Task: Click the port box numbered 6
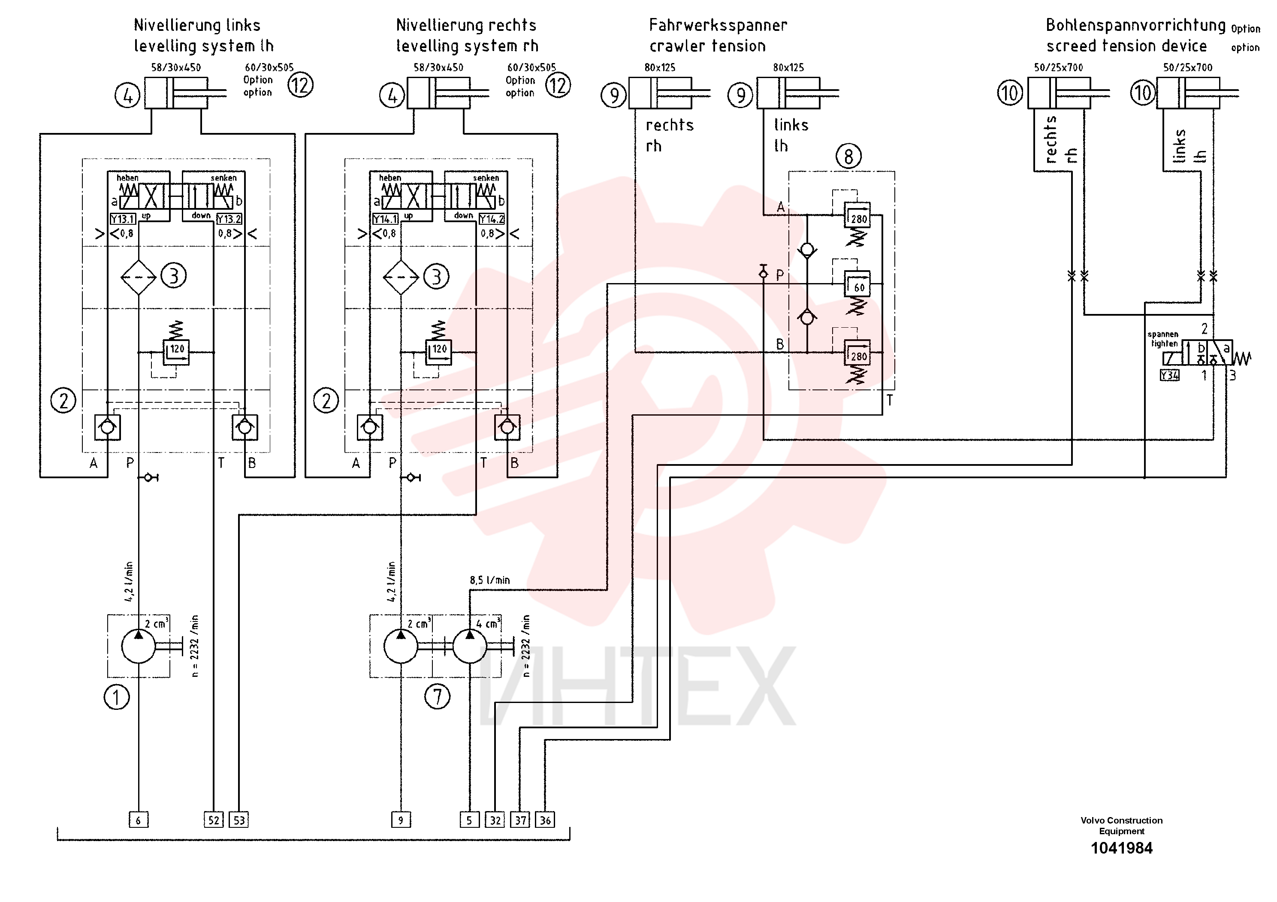point(139,820)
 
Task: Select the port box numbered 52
point(214,820)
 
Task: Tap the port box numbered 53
point(238,820)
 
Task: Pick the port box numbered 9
point(401,820)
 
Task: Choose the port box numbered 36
point(545,820)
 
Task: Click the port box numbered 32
point(495,820)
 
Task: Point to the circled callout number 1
point(117,697)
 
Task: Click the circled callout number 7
point(438,696)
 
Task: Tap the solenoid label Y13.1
point(122,219)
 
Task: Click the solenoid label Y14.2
point(492,219)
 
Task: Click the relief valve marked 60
point(857,284)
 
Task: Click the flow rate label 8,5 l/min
point(489,580)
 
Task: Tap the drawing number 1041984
point(1121,848)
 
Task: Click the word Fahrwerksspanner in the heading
point(718,25)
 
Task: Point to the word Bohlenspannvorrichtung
point(1136,25)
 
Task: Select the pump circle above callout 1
point(139,646)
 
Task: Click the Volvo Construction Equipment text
point(1121,826)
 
